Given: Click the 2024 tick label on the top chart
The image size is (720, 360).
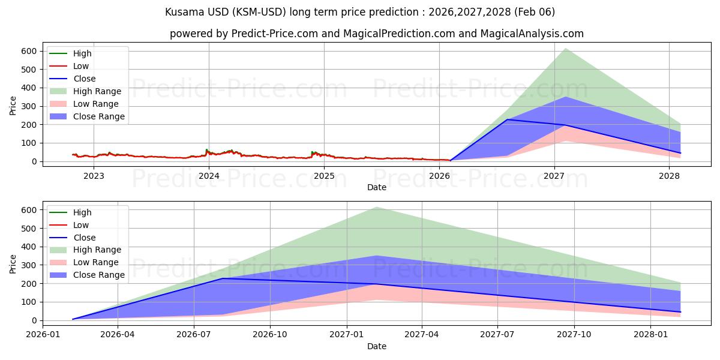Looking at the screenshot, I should [x=209, y=176].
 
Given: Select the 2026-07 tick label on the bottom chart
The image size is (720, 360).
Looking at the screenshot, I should [x=194, y=335].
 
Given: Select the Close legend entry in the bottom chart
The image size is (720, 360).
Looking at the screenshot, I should [x=84, y=238].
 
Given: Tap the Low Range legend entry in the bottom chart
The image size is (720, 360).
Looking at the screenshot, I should [x=96, y=262].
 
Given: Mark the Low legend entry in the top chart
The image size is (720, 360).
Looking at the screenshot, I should [x=82, y=66].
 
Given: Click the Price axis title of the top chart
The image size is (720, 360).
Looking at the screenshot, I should [x=13, y=106].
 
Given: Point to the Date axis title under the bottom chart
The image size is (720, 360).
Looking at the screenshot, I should [x=376, y=346].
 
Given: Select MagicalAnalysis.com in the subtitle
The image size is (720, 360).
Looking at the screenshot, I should [x=532, y=34].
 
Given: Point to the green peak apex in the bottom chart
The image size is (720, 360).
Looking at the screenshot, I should [x=376, y=207].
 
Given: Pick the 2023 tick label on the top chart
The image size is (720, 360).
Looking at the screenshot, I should [x=94, y=176].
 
